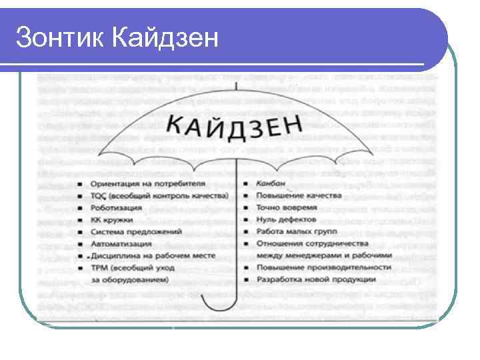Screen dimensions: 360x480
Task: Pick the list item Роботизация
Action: pos(117,207)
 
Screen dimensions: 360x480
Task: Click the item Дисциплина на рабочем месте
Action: pos(148,256)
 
